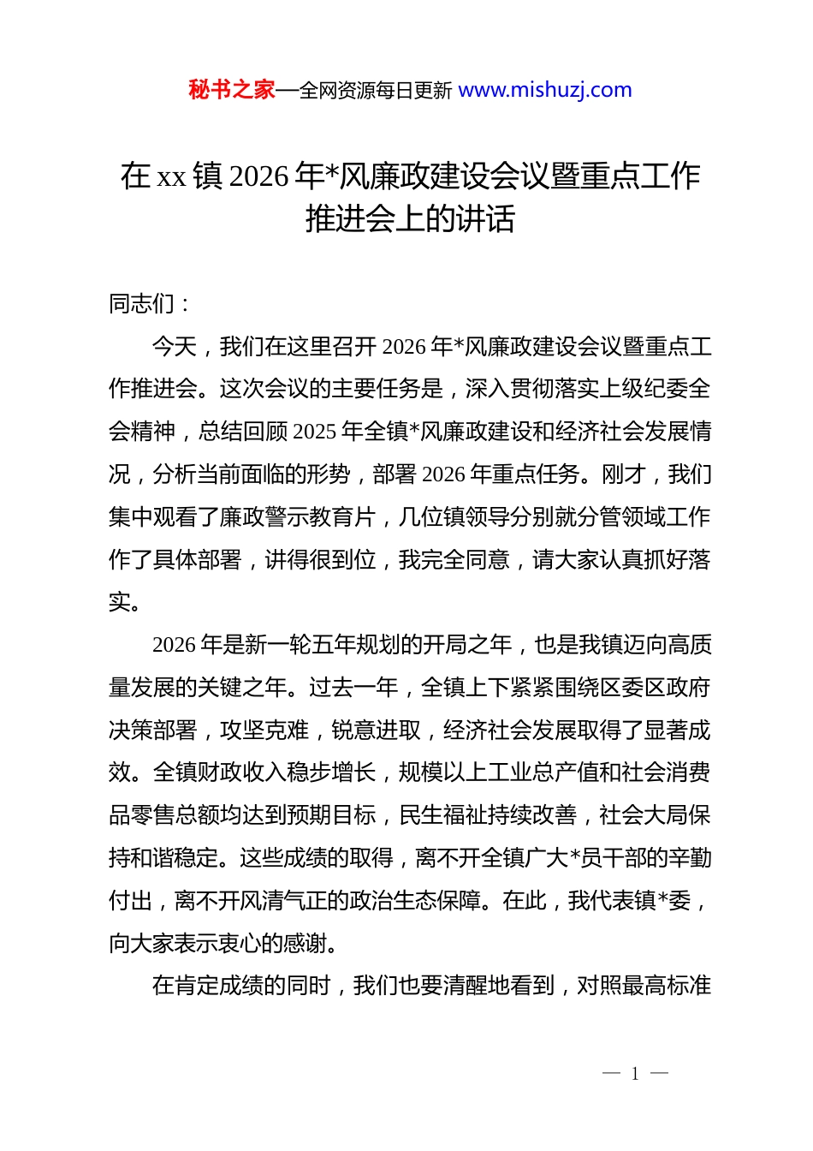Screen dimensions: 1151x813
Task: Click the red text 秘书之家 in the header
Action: pyautogui.click(x=231, y=90)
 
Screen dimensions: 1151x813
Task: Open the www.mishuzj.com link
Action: pyautogui.click(x=545, y=90)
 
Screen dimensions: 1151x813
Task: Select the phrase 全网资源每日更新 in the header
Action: pyautogui.click(x=376, y=90)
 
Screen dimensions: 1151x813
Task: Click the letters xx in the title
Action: pyautogui.click(x=172, y=176)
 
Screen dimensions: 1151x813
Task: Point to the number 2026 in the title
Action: pyautogui.click(x=259, y=176)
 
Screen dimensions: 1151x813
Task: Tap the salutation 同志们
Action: pyautogui.click(x=142, y=303)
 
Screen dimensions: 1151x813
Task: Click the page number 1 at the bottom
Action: pyautogui.click(x=635, y=1073)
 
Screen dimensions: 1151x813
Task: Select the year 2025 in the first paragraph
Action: pyautogui.click(x=313, y=432)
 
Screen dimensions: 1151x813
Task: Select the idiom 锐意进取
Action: pyautogui.click(x=377, y=730)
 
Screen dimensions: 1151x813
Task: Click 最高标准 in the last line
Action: pyautogui.click(x=667, y=986)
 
